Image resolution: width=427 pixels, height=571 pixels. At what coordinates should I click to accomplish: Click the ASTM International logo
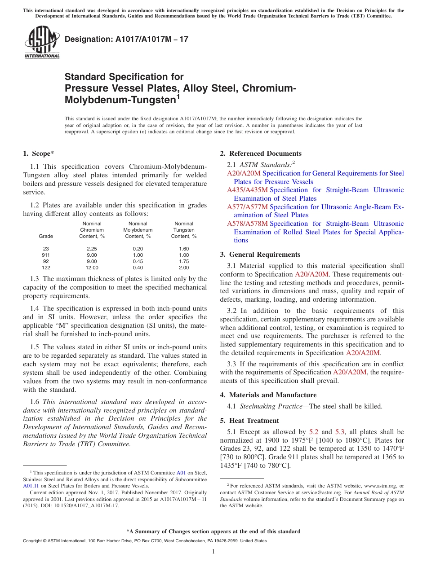[42, 43]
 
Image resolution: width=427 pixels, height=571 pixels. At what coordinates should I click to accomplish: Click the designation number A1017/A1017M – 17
[126, 40]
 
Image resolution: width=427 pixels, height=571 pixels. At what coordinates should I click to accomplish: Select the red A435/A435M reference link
[247, 190]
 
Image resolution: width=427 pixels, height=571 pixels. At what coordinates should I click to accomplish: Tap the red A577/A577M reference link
[247, 207]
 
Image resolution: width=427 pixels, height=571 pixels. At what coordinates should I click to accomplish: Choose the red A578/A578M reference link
[247, 224]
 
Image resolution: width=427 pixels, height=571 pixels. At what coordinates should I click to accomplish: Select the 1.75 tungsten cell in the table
[184, 261]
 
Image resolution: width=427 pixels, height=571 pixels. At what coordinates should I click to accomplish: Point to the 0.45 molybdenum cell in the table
[138, 261]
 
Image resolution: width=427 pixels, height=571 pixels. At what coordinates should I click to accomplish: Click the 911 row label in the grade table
[46, 255]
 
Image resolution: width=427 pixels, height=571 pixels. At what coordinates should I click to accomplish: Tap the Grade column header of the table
[46, 236]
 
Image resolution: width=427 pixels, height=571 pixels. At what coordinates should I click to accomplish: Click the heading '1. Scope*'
[39, 154]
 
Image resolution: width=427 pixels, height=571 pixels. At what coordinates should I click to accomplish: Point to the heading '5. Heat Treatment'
[249, 421]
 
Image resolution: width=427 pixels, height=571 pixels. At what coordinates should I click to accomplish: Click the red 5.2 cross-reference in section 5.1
[314, 432]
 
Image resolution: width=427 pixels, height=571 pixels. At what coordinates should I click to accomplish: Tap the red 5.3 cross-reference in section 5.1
[340, 432]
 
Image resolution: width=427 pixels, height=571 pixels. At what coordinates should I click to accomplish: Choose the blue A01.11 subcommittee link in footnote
[30, 486]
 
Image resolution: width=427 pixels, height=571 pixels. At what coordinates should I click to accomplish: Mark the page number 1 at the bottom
[213, 551]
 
